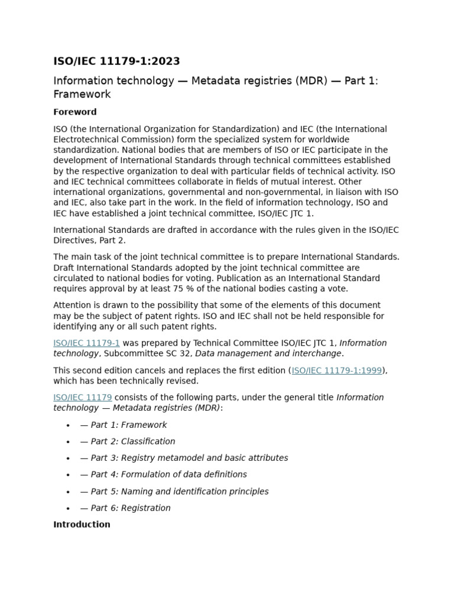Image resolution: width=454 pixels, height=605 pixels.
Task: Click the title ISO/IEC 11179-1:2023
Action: point(116,61)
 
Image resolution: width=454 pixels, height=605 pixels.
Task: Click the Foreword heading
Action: point(75,112)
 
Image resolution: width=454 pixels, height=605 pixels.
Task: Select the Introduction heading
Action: point(82,524)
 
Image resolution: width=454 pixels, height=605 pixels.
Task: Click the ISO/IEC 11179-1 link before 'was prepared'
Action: point(86,343)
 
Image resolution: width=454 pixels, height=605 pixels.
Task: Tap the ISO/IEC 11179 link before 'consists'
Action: point(82,397)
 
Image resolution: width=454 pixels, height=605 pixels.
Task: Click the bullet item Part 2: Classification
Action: point(127,441)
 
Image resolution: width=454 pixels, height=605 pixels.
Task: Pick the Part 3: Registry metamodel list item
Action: point(183,458)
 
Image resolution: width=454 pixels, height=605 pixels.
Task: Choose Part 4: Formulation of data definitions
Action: point(163,474)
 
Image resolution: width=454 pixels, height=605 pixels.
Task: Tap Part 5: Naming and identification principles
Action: point(174,491)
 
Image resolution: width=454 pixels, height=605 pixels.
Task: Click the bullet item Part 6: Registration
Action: point(125,508)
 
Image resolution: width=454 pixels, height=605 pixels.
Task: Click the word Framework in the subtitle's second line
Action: point(82,95)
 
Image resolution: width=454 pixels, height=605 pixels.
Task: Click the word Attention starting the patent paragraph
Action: point(73,305)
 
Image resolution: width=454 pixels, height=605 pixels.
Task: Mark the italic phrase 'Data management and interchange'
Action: point(268,353)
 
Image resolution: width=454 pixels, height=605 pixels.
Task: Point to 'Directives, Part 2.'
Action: point(89,240)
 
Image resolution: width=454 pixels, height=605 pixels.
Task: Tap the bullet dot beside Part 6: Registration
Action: point(69,509)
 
